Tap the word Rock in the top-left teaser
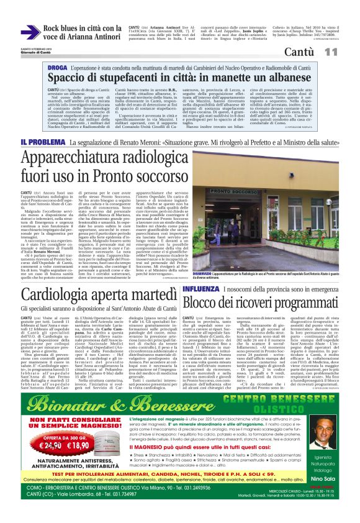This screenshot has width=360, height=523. pyautogui.click(x=52, y=28)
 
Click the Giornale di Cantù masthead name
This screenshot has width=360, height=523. pyautogui.click(x=25, y=51)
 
